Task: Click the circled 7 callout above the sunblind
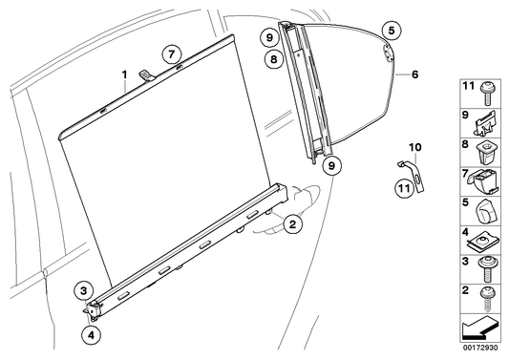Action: [169, 53]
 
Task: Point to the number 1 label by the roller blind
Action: [125, 74]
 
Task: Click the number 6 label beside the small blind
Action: [415, 73]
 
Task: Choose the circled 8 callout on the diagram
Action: [273, 60]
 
